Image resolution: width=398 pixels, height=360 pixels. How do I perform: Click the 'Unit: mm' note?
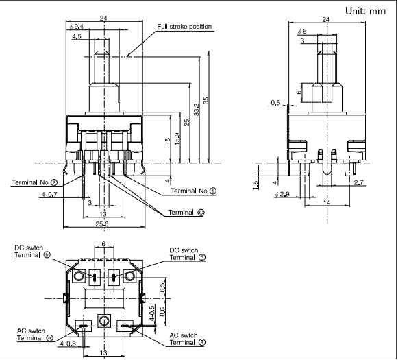(366, 11)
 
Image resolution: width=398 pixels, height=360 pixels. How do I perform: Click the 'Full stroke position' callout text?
(184, 27)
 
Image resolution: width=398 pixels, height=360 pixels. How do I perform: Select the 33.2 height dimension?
(196, 109)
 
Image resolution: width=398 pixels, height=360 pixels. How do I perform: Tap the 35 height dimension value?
(206, 101)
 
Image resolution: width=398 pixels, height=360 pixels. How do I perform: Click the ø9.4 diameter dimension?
(77, 26)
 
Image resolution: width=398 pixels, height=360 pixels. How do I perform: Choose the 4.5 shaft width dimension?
(77, 36)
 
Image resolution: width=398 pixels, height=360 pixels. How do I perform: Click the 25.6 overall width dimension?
(102, 224)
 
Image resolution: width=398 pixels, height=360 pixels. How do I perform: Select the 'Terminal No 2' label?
(35, 182)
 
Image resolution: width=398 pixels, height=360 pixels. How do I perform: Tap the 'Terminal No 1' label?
(194, 191)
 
